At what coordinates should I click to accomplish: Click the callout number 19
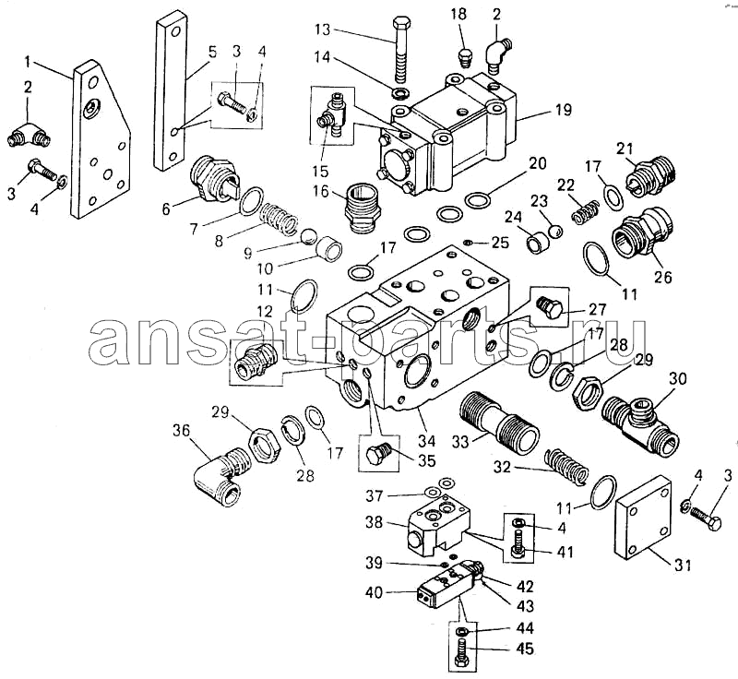563,110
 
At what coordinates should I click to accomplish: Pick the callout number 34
427,441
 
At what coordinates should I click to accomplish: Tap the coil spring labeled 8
279,218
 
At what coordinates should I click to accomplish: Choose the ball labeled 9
308,236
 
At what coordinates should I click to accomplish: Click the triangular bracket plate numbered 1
101,139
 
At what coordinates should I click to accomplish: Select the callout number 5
213,52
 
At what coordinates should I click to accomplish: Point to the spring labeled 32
566,467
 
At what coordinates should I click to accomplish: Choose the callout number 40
375,593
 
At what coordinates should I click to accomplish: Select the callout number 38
375,522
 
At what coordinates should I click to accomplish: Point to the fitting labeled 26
642,232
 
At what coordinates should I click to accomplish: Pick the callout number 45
525,649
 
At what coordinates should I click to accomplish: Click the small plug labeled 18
465,57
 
